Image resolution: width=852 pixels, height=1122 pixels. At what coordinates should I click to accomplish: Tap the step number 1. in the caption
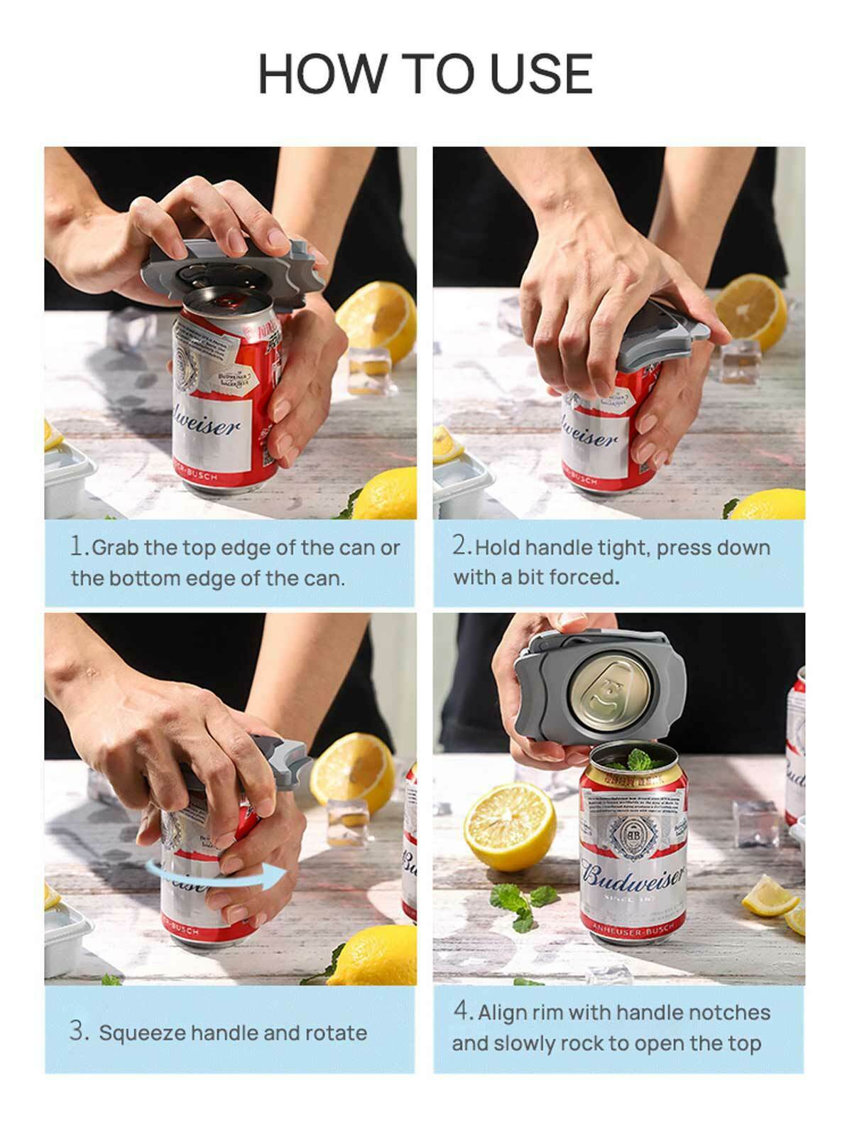click(x=80, y=546)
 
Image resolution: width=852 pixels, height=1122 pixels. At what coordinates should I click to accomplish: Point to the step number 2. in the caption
click(x=462, y=546)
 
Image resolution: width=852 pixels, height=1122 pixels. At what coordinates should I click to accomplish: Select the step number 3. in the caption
click(x=79, y=1032)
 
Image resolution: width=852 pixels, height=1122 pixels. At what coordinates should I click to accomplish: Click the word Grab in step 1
click(x=116, y=548)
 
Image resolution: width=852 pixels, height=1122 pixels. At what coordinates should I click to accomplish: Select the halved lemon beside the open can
click(x=509, y=826)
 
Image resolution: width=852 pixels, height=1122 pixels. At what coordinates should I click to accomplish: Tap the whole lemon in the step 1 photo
click(x=384, y=495)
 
